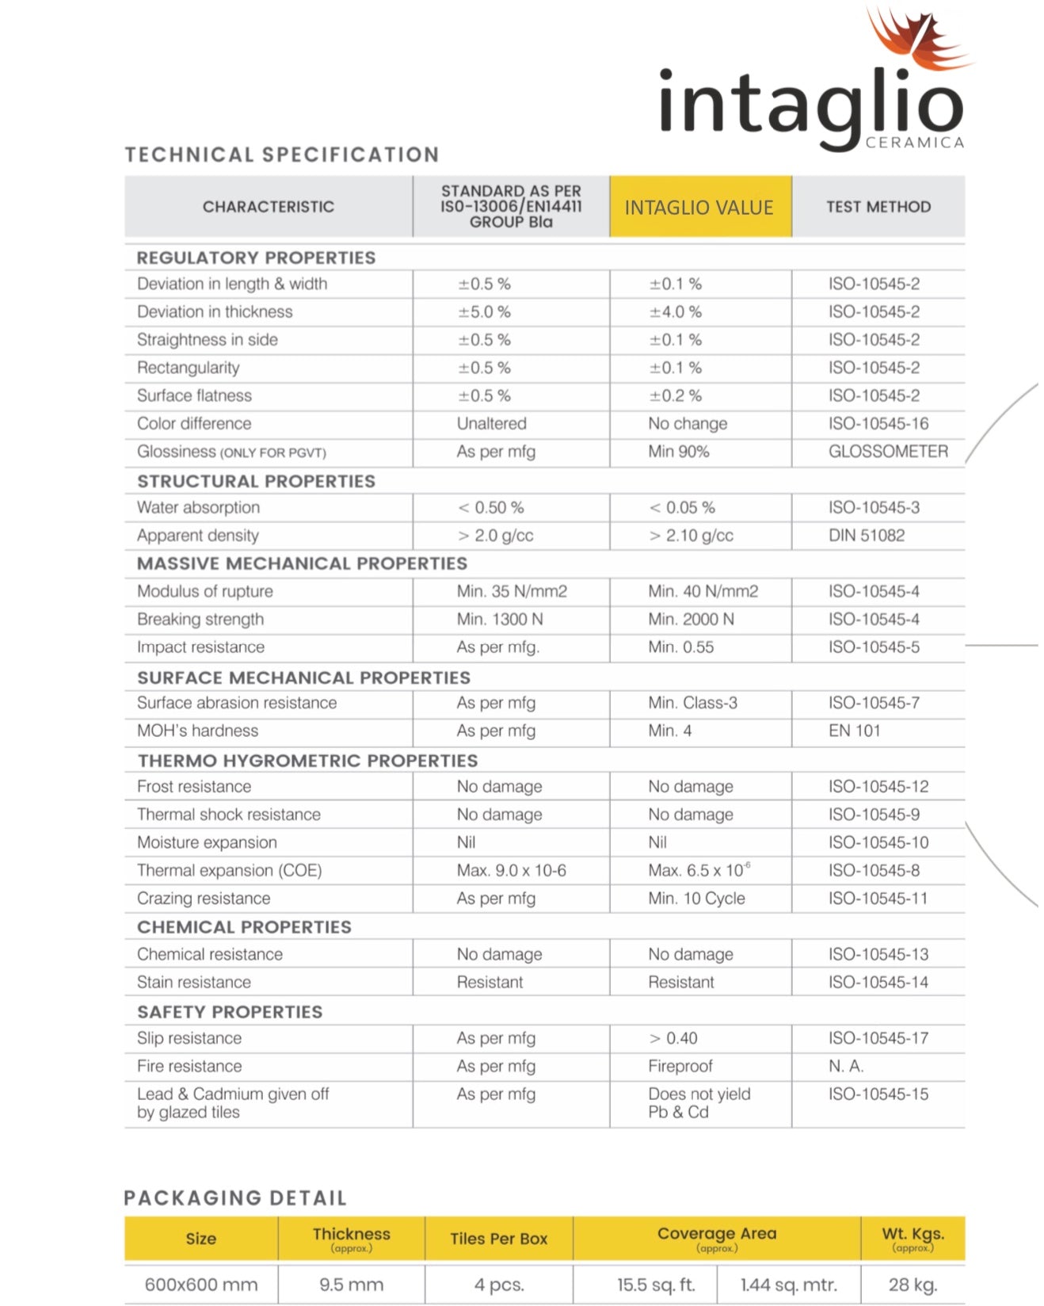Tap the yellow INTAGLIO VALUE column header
(x=699, y=208)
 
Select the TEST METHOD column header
(x=878, y=207)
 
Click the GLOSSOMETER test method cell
(x=887, y=452)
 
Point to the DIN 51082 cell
(x=866, y=536)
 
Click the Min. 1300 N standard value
(x=499, y=620)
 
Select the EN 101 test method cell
(x=854, y=731)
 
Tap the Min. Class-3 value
(x=692, y=703)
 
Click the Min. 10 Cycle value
(x=696, y=899)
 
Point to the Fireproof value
(x=680, y=1067)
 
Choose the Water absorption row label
(x=198, y=508)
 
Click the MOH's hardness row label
(x=197, y=731)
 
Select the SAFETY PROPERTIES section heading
(x=230, y=1012)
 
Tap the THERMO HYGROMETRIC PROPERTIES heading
(x=307, y=761)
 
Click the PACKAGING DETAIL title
(x=235, y=1198)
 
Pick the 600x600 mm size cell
(x=201, y=1285)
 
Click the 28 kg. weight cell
(x=913, y=1285)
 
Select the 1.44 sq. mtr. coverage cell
(x=788, y=1285)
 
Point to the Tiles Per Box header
(x=498, y=1239)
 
